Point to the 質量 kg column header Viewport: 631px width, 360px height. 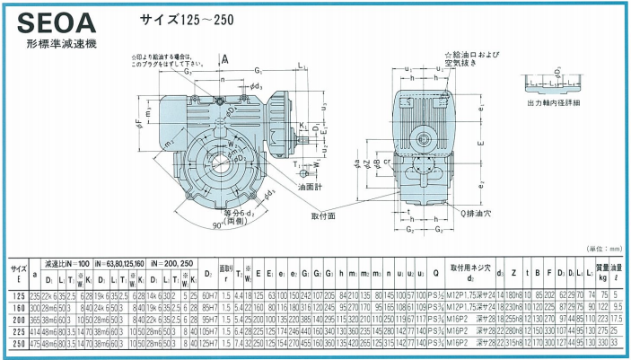(602, 269)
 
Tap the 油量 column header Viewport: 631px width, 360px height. (618, 269)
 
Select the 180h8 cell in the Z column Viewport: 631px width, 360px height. (513, 294)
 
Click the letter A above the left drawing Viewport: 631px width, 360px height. (225, 58)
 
